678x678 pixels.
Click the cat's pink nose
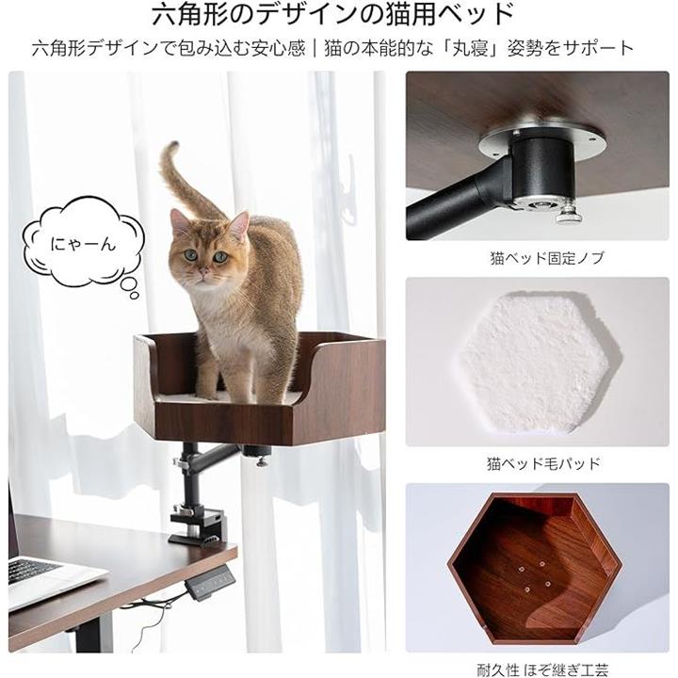coord(202,272)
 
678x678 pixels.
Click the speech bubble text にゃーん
coord(83,245)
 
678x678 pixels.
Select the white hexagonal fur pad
coord(538,363)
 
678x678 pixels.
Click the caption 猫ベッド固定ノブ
coord(546,258)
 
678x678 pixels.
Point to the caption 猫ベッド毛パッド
coord(543,463)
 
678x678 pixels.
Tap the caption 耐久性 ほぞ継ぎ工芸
coord(542,670)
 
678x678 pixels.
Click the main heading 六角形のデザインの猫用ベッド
coord(332,15)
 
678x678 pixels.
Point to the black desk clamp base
coord(197,525)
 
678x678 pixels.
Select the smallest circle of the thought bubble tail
coord(135,296)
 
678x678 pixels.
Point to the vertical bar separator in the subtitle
coord(315,48)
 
